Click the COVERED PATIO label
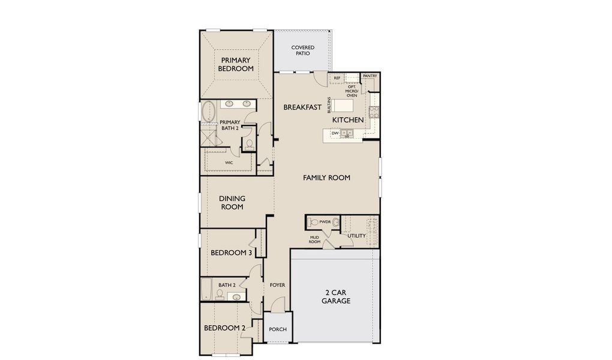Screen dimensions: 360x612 coord(303,50)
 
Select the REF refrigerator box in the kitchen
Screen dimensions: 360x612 coord(337,78)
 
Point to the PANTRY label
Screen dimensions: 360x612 coord(370,76)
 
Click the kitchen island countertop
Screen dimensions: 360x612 coord(345,106)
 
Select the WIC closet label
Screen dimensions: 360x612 coord(229,163)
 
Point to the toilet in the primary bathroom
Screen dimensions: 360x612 coord(249,144)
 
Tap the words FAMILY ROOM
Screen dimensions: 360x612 coord(326,178)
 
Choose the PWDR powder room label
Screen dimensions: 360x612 coord(325,222)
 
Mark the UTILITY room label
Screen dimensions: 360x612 coord(356,236)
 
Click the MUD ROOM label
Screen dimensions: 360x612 coord(314,240)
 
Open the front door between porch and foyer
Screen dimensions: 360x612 coord(277,311)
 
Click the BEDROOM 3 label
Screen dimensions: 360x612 coord(231,253)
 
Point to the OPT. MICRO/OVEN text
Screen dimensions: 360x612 coord(352,91)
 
